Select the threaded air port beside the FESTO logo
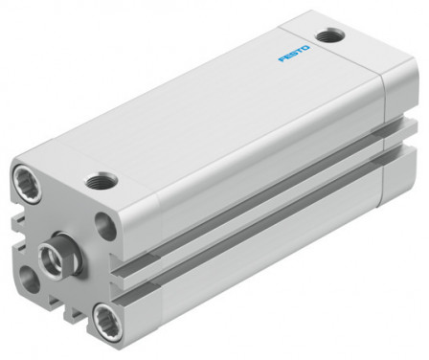334,36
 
